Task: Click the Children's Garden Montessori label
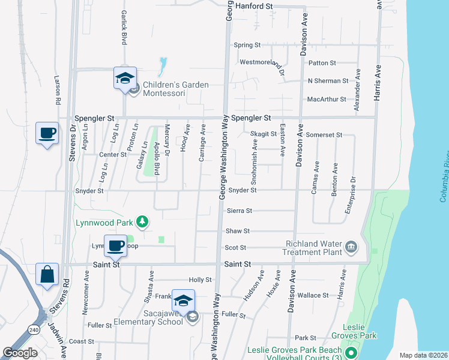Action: click(171, 89)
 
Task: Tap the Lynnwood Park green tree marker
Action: click(142, 223)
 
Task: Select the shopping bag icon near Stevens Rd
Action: click(47, 275)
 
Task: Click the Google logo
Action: click(20, 353)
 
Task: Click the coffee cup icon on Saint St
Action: click(116, 245)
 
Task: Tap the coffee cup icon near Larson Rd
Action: click(47, 133)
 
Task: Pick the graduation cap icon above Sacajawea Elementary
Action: click(183, 300)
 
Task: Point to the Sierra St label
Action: click(240, 211)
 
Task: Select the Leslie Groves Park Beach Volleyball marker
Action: click(352, 354)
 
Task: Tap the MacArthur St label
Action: click(327, 99)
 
